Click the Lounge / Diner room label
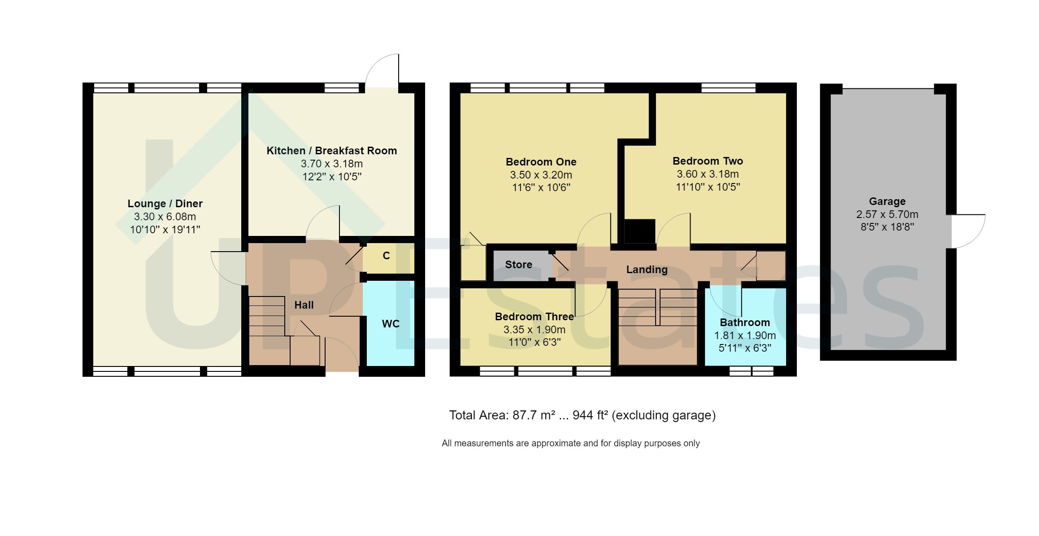tap(165, 204)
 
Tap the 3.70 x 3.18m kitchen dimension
tap(332, 164)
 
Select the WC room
tap(390, 324)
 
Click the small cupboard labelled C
tap(386, 256)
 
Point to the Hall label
tap(304, 305)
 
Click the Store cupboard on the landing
tap(519, 265)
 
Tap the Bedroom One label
tap(541, 162)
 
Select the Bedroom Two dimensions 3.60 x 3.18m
tap(708, 174)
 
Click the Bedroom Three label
tap(534, 317)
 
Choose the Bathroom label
tap(744, 322)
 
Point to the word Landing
tap(647, 270)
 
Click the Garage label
tap(887, 201)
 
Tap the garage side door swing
tap(969, 231)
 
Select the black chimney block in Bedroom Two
tap(639, 231)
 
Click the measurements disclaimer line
tap(570, 444)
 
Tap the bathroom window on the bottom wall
tap(752, 371)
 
